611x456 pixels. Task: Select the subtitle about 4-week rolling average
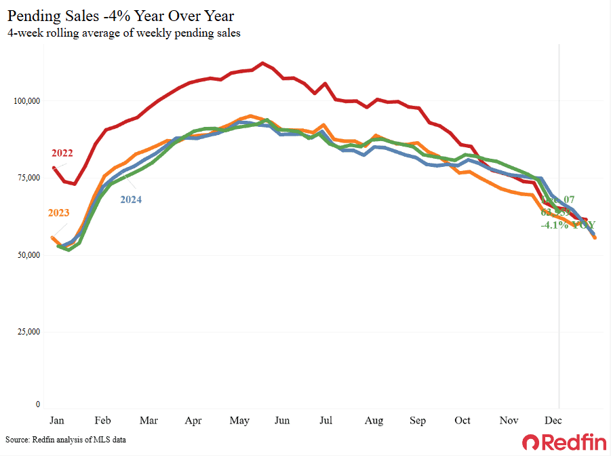[124, 32]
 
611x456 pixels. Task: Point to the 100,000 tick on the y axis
[27, 101]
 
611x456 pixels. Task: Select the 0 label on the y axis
[38, 405]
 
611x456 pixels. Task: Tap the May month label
[238, 421]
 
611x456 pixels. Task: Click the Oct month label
[462, 421]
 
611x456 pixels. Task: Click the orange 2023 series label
[59, 213]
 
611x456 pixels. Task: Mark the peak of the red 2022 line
[263, 63]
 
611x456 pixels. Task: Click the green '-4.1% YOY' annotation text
[568, 225]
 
